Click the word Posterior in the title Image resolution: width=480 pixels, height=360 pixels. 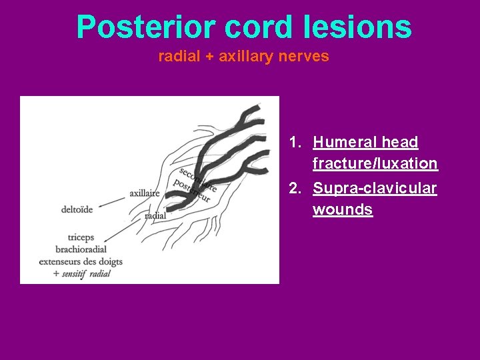(x=146, y=27)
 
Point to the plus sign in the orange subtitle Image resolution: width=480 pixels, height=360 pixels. (x=209, y=57)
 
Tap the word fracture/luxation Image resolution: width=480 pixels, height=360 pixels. (x=375, y=163)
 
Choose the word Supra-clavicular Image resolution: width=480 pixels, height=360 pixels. (x=375, y=189)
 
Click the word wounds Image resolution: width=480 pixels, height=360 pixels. (x=343, y=210)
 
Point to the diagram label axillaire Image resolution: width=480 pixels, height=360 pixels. (x=144, y=193)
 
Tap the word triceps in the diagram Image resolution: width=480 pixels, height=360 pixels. (x=81, y=237)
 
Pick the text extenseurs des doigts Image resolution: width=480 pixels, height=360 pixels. (x=81, y=261)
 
